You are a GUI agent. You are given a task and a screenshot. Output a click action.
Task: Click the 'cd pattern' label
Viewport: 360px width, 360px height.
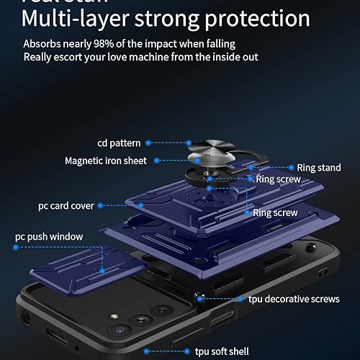tap(119, 143)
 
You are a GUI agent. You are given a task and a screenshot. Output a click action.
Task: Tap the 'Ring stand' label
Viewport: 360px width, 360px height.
tap(319, 168)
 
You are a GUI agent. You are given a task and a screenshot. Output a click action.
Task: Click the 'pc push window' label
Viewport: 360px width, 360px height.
tap(49, 236)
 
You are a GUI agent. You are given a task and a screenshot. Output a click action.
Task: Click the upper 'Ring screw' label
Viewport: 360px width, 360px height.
tap(276, 179)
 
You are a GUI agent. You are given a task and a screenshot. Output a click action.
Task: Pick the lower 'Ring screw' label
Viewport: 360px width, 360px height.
tap(275, 213)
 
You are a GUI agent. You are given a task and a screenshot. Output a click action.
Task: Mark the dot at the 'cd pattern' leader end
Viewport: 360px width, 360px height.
tap(189, 143)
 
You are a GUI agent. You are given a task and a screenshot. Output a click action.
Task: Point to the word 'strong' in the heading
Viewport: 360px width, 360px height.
tap(166, 17)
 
